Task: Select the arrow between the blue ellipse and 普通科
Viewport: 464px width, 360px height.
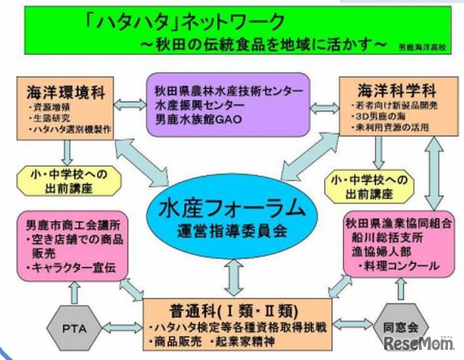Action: [x=233, y=276]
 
